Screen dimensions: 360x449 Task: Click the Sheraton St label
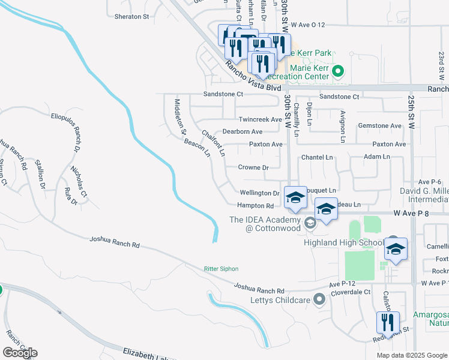click(128, 16)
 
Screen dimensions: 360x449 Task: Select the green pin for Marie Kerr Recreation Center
click(338, 72)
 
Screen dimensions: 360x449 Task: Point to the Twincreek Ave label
click(260, 119)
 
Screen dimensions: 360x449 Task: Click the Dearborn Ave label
click(243, 131)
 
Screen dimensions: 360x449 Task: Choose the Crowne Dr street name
click(253, 167)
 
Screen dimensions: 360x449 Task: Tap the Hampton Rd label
click(255, 206)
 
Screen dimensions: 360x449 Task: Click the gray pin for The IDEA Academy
click(310, 223)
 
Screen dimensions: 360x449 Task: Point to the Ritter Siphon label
click(221, 269)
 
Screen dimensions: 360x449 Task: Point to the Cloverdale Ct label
click(351, 292)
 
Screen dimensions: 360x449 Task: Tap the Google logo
click(20, 353)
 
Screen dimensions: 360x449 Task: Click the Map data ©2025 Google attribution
click(411, 355)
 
